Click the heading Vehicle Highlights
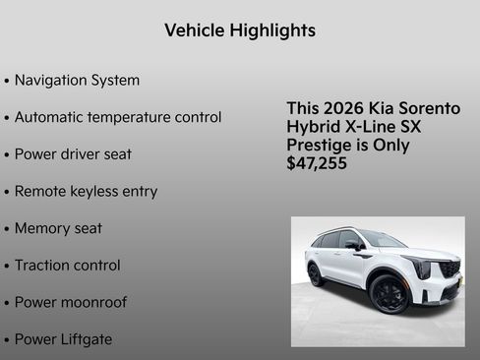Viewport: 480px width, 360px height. (x=240, y=30)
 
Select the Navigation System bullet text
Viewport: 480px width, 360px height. (x=77, y=81)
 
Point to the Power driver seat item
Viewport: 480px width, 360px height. (x=73, y=154)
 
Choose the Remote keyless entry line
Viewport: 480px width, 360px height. (x=86, y=192)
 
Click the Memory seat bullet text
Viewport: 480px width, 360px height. (x=58, y=228)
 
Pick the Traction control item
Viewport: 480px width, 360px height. (x=67, y=266)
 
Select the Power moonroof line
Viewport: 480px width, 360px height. (x=70, y=302)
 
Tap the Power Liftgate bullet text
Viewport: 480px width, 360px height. (x=63, y=339)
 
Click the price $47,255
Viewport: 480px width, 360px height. (x=317, y=164)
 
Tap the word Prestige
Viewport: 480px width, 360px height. (x=322, y=146)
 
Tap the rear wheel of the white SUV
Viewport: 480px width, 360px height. (x=316, y=274)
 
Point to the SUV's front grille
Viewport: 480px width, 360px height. (x=449, y=269)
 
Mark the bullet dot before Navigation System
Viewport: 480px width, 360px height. (x=7, y=82)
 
